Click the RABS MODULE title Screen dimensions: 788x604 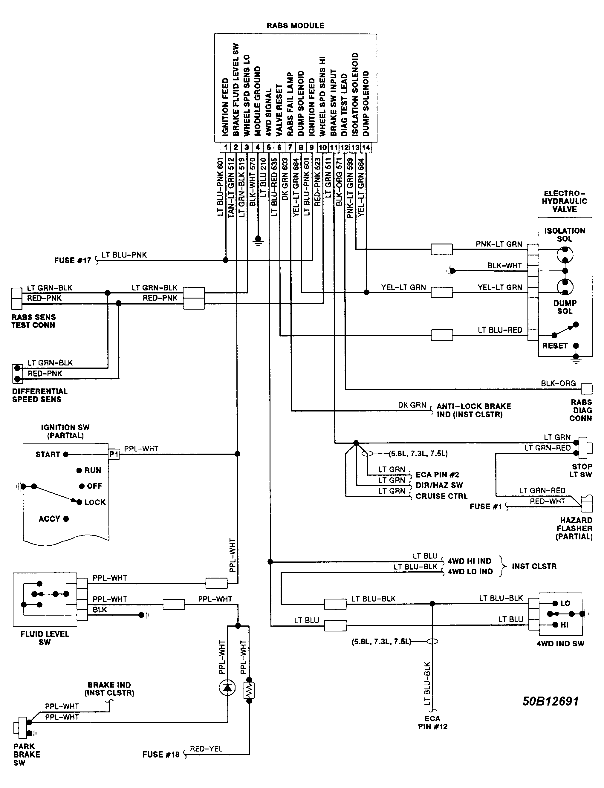tap(295, 25)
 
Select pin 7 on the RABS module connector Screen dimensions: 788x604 tap(290, 147)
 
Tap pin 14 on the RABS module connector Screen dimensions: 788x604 tap(366, 147)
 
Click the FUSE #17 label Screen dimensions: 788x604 tap(72, 260)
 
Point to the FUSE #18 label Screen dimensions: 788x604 tap(161, 755)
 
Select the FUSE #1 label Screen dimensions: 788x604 tap(485, 507)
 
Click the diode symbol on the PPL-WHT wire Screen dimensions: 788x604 tap(227, 688)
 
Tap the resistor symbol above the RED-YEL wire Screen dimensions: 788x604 tap(249, 690)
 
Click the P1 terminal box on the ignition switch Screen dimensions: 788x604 tap(114, 454)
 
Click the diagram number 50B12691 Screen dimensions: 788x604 tap(550, 701)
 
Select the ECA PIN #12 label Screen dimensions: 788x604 tap(432, 722)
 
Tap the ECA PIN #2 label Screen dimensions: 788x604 tap(437, 475)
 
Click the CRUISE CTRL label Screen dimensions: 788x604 tap(441, 496)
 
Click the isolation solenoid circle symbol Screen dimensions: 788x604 tap(565, 255)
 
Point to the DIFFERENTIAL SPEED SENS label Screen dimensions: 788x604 tap(39, 395)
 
